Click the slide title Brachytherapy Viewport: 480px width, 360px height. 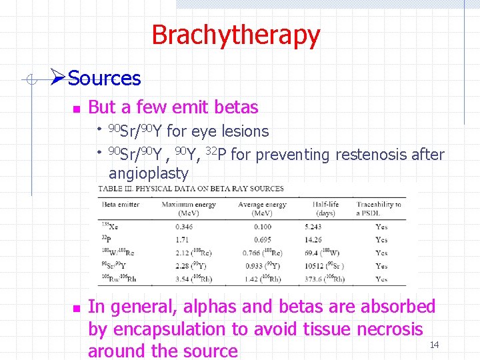[x=235, y=35]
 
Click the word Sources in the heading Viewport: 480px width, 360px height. [x=104, y=79]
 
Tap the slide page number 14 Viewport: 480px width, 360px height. [x=434, y=345]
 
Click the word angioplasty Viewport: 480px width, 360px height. [x=148, y=173]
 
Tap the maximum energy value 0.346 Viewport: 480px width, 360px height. [x=173, y=227]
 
